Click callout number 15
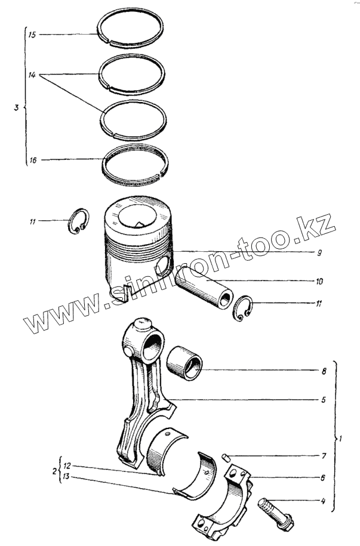pyautogui.click(x=32, y=35)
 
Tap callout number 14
pyautogui.click(x=32, y=75)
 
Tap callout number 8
pyautogui.click(x=323, y=371)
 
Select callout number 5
pyautogui.click(x=323, y=399)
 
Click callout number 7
pyautogui.click(x=323, y=456)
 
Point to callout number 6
pyautogui.click(x=323, y=477)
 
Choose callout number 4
pyautogui.click(x=323, y=501)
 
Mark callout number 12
pyautogui.click(x=67, y=465)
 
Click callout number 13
pyautogui.click(x=67, y=476)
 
